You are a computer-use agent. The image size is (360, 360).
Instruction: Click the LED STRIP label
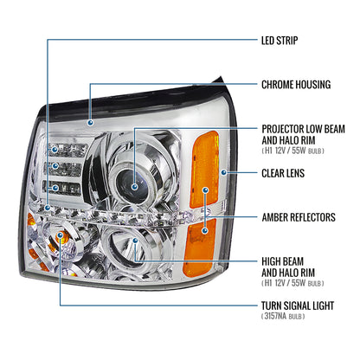(x=280, y=41)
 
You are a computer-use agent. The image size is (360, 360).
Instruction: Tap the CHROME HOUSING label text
(x=296, y=85)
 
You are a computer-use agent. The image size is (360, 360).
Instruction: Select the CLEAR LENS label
(x=283, y=173)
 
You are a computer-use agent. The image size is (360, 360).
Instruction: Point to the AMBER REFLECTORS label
(x=299, y=217)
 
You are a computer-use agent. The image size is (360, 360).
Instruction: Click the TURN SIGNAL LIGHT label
(x=298, y=305)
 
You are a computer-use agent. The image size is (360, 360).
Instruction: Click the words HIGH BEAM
(x=282, y=261)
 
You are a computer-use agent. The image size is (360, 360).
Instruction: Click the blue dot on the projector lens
(x=134, y=187)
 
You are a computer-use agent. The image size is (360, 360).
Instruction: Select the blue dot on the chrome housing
(x=91, y=123)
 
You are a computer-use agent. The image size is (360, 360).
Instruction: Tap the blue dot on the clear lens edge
(x=223, y=172)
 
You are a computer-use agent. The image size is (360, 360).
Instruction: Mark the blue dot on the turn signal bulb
(x=60, y=235)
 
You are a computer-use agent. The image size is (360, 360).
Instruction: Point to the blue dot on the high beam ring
(x=135, y=241)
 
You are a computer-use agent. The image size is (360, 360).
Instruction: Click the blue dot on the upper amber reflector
(x=205, y=190)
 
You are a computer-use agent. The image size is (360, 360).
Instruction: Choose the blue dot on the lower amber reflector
(x=205, y=230)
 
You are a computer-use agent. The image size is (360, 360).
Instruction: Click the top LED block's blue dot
(x=55, y=150)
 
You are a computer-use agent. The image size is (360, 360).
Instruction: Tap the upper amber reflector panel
(x=204, y=170)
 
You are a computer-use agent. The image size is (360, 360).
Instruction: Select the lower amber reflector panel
(x=200, y=243)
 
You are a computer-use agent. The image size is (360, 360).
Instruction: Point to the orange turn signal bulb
(x=60, y=237)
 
